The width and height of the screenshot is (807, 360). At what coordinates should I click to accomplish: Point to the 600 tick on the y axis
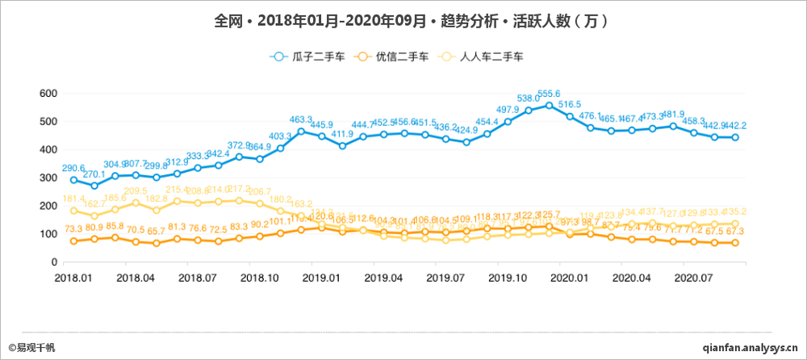tap(48, 94)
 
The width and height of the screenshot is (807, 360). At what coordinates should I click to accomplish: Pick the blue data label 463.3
tap(301, 119)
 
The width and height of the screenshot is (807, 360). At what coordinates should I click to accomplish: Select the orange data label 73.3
tap(74, 230)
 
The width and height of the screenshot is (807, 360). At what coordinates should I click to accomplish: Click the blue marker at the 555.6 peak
tap(550, 106)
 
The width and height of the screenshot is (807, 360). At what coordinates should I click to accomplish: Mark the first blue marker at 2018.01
tap(74, 180)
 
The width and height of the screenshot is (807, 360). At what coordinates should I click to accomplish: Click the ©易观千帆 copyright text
tap(32, 347)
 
